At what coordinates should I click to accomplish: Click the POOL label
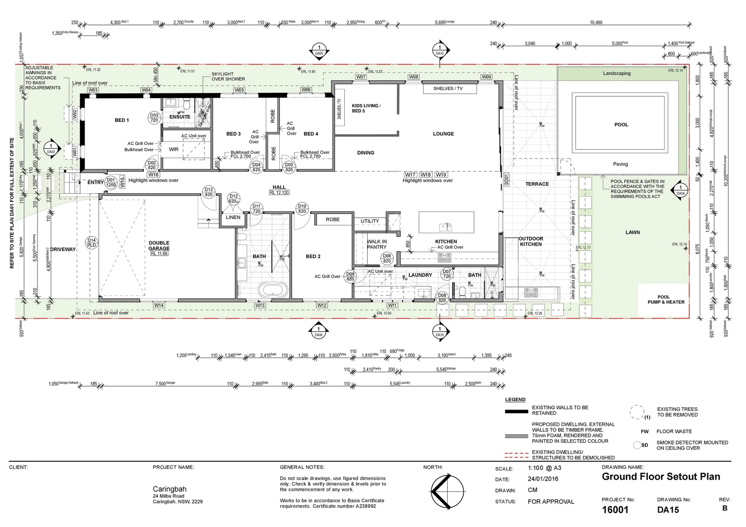(621, 125)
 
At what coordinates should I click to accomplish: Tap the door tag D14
(91, 243)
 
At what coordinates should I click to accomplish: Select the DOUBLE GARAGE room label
(159, 245)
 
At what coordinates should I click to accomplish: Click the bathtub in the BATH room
(274, 291)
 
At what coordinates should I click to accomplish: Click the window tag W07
(361, 77)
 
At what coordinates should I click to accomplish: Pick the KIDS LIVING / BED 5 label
(366, 108)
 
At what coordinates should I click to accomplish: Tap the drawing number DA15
(667, 510)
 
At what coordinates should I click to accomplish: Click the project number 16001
(615, 510)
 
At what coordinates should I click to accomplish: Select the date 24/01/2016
(543, 479)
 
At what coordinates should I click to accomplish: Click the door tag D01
(111, 182)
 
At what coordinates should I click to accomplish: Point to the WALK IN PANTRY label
(376, 244)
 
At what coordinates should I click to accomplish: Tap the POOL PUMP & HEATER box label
(665, 300)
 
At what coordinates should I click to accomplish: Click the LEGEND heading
(515, 400)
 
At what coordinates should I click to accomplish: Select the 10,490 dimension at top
(596, 22)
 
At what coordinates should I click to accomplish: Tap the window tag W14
(159, 305)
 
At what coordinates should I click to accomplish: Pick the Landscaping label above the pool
(617, 74)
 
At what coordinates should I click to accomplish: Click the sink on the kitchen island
(446, 226)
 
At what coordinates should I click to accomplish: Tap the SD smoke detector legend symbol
(637, 445)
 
